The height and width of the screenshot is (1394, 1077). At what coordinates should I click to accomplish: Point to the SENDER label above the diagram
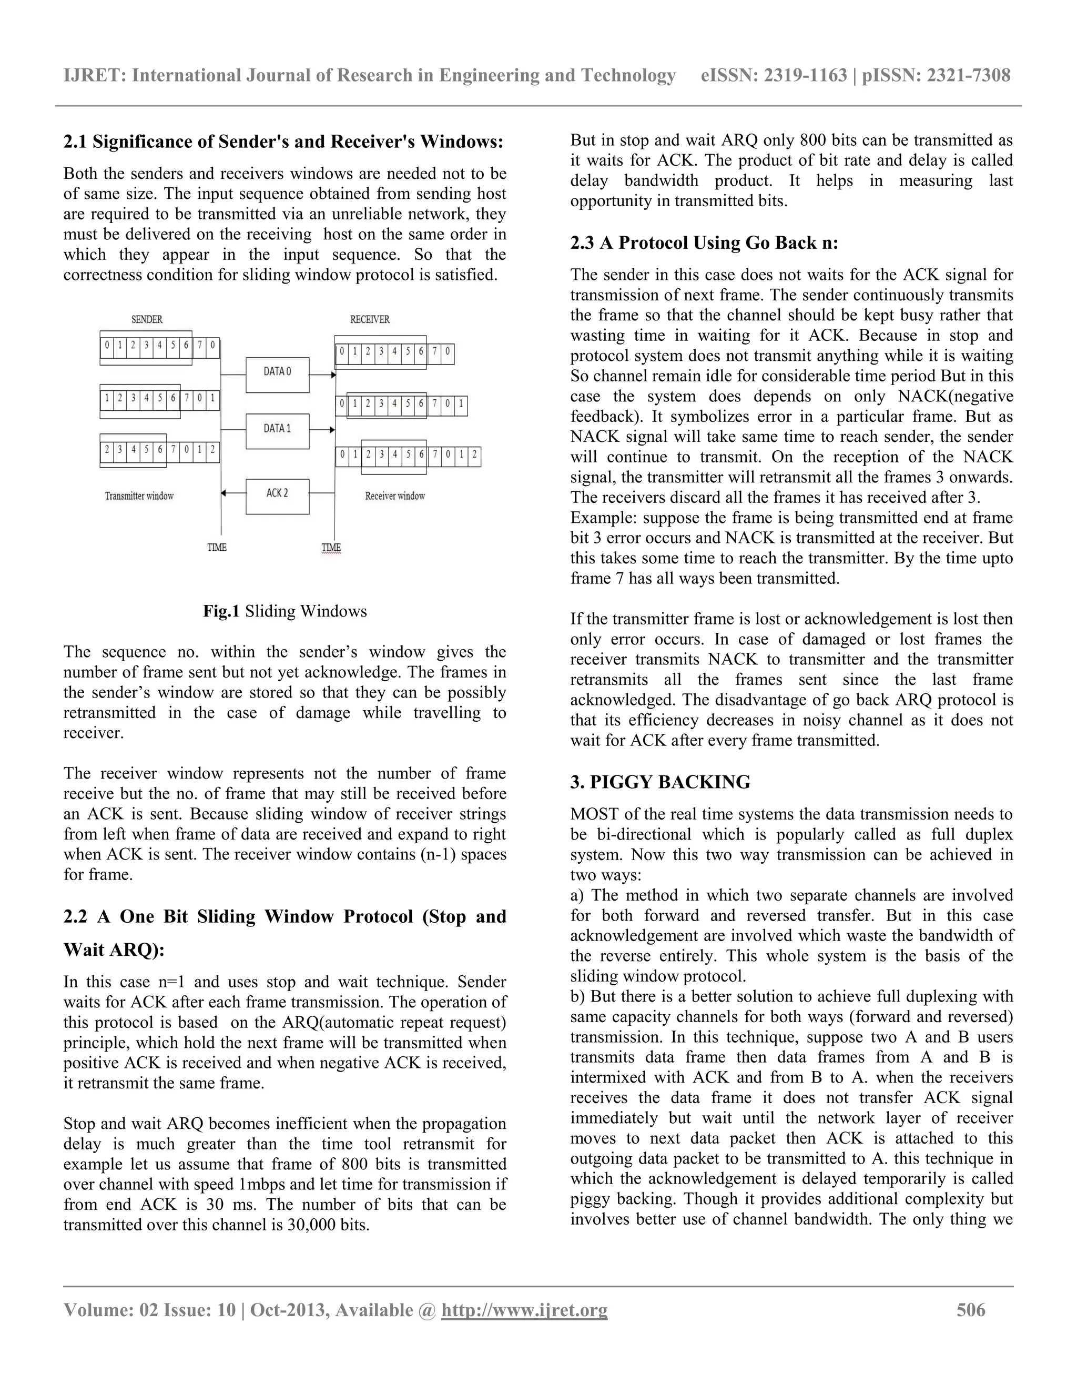pyautogui.click(x=147, y=319)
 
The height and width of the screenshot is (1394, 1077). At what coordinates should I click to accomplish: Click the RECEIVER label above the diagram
pyautogui.click(x=370, y=319)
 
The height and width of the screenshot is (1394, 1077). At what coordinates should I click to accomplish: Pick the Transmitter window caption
pyautogui.click(x=139, y=496)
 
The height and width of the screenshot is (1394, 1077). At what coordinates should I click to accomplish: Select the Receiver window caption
pyautogui.click(x=395, y=496)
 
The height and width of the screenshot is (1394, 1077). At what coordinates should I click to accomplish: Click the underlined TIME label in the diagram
pyautogui.click(x=331, y=548)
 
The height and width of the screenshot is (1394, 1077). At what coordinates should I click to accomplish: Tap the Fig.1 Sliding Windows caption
pyautogui.click(x=285, y=611)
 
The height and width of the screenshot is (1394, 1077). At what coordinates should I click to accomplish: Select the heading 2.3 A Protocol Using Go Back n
pyautogui.click(x=704, y=243)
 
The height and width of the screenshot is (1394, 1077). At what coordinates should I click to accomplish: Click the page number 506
pyautogui.click(x=970, y=1310)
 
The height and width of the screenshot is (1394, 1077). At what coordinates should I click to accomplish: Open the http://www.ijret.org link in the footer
pyautogui.click(x=524, y=1310)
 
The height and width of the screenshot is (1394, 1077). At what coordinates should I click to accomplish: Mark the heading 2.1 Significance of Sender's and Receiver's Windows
pyautogui.click(x=283, y=142)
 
